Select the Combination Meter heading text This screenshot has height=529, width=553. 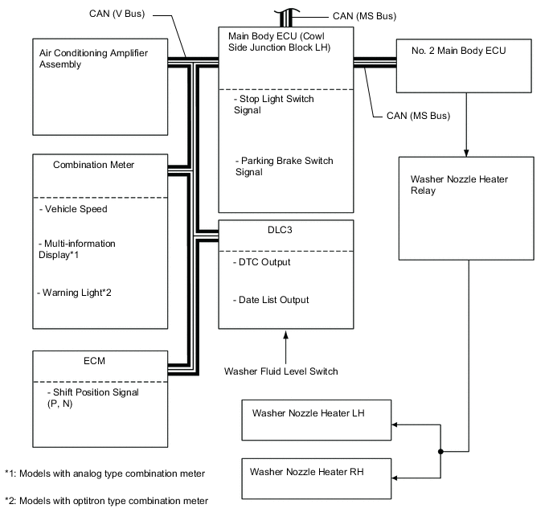coord(93,165)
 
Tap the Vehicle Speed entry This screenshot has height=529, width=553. coord(73,209)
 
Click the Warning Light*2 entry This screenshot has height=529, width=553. coord(74,292)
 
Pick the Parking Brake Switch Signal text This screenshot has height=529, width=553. coord(284,166)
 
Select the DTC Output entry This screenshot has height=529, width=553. coord(264,262)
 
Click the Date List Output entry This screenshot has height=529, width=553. coord(273,300)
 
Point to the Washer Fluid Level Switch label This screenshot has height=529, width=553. coord(281,371)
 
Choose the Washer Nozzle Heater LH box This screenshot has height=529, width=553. coord(315,420)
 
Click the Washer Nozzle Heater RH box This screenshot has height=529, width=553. coord(315,478)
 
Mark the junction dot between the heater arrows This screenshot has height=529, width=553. coord(440,452)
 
